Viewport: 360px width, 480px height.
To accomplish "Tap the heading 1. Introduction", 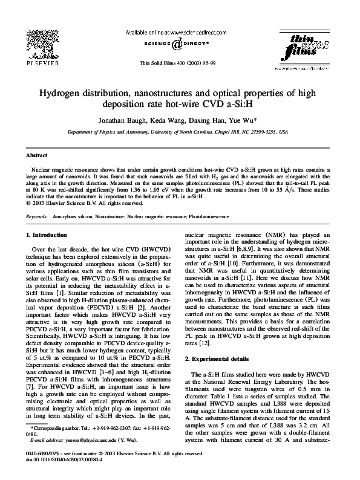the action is [50, 235].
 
